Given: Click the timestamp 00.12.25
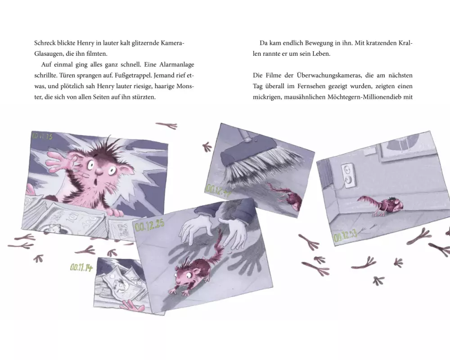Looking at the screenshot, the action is coord(149,225).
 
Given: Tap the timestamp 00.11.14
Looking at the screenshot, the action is coord(81,268).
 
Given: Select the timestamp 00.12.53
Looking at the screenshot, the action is coord(345,235).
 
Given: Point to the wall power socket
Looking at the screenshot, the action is coord(347,175).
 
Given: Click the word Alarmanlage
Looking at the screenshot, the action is coord(177,65).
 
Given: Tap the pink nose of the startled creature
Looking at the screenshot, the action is coord(99,171).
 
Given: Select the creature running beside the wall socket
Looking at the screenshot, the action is coord(380,204).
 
